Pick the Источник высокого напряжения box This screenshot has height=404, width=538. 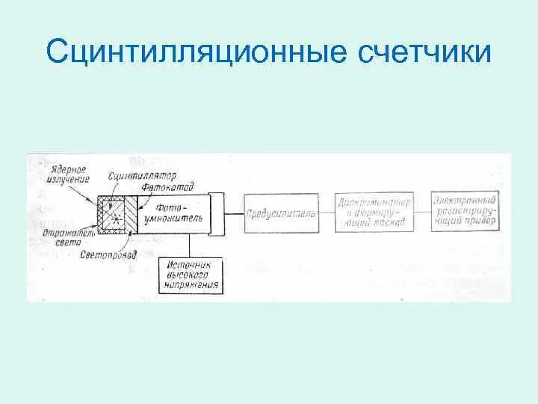coord(190,275)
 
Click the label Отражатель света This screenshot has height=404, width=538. coord(59,236)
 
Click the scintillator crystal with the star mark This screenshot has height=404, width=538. coord(115,213)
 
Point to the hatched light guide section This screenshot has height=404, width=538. coord(131,213)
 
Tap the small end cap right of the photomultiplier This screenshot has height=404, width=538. coord(217,212)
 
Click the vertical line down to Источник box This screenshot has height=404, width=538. coord(190,245)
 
